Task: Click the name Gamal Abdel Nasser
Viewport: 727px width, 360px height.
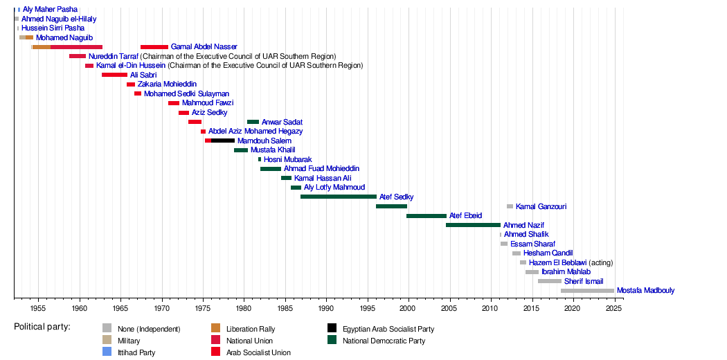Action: click(x=204, y=47)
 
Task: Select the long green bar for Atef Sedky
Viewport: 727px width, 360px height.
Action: click(x=339, y=197)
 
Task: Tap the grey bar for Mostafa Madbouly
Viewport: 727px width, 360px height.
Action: click(x=587, y=291)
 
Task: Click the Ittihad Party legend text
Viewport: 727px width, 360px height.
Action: click(x=136, y=352)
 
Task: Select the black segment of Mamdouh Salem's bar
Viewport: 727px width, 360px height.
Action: click(x=223, y=141)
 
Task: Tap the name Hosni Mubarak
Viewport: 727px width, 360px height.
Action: click(x=288, y=159)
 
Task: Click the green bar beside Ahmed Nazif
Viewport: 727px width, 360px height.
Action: click(x=474, y=225)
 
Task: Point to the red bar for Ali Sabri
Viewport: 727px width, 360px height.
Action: click(x=114, y=75)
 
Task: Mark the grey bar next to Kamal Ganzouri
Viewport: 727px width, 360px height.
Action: click(x=510, y=206)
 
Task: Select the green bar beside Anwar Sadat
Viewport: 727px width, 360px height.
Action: click(x=253, y=122)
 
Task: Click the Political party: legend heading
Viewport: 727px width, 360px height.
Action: click(x=42, y=327)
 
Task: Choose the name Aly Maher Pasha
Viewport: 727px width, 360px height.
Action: click(x=50, y=9)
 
